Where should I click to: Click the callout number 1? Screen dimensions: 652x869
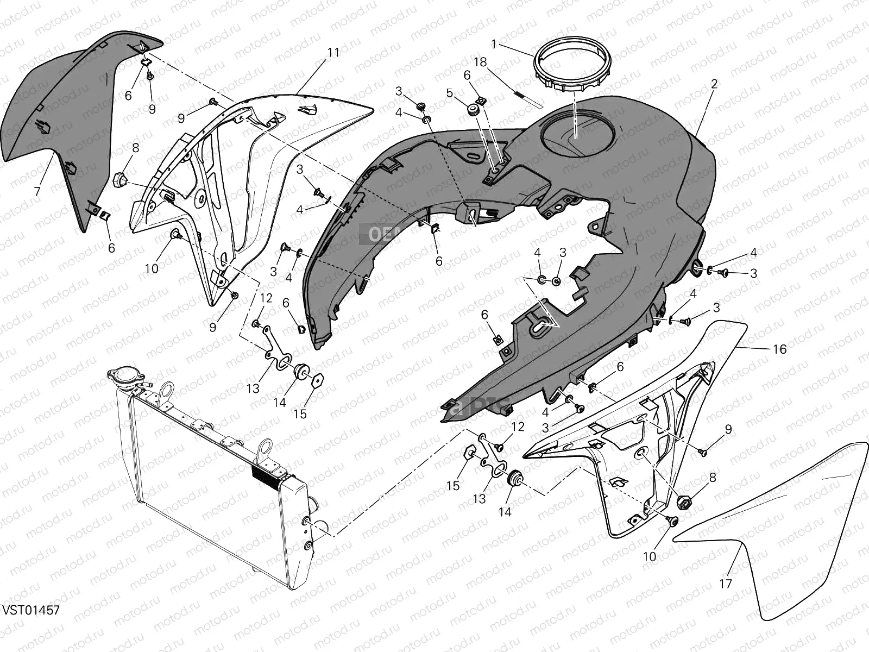click(x=494, y=43)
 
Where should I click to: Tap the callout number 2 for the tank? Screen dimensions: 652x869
click(x=714, y=84)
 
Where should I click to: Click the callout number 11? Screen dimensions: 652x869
click(x=333, y=53)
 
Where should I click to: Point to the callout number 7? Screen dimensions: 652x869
click(x=37, y=191)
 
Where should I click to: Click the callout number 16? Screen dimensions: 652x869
click(x=779, y=349)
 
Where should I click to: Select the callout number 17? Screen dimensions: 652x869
click(x=726, y=584)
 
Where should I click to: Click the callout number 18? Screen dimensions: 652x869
click(x=480, y=62)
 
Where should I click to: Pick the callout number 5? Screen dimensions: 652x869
click(x=449, y=93)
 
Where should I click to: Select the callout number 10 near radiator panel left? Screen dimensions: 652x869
click(x=152, y=268)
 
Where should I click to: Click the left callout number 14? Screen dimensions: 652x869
click(x=279, y=403)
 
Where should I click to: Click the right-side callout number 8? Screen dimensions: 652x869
click(x=712, y=478)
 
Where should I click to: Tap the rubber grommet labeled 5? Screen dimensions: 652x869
click(x=473, y=111)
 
